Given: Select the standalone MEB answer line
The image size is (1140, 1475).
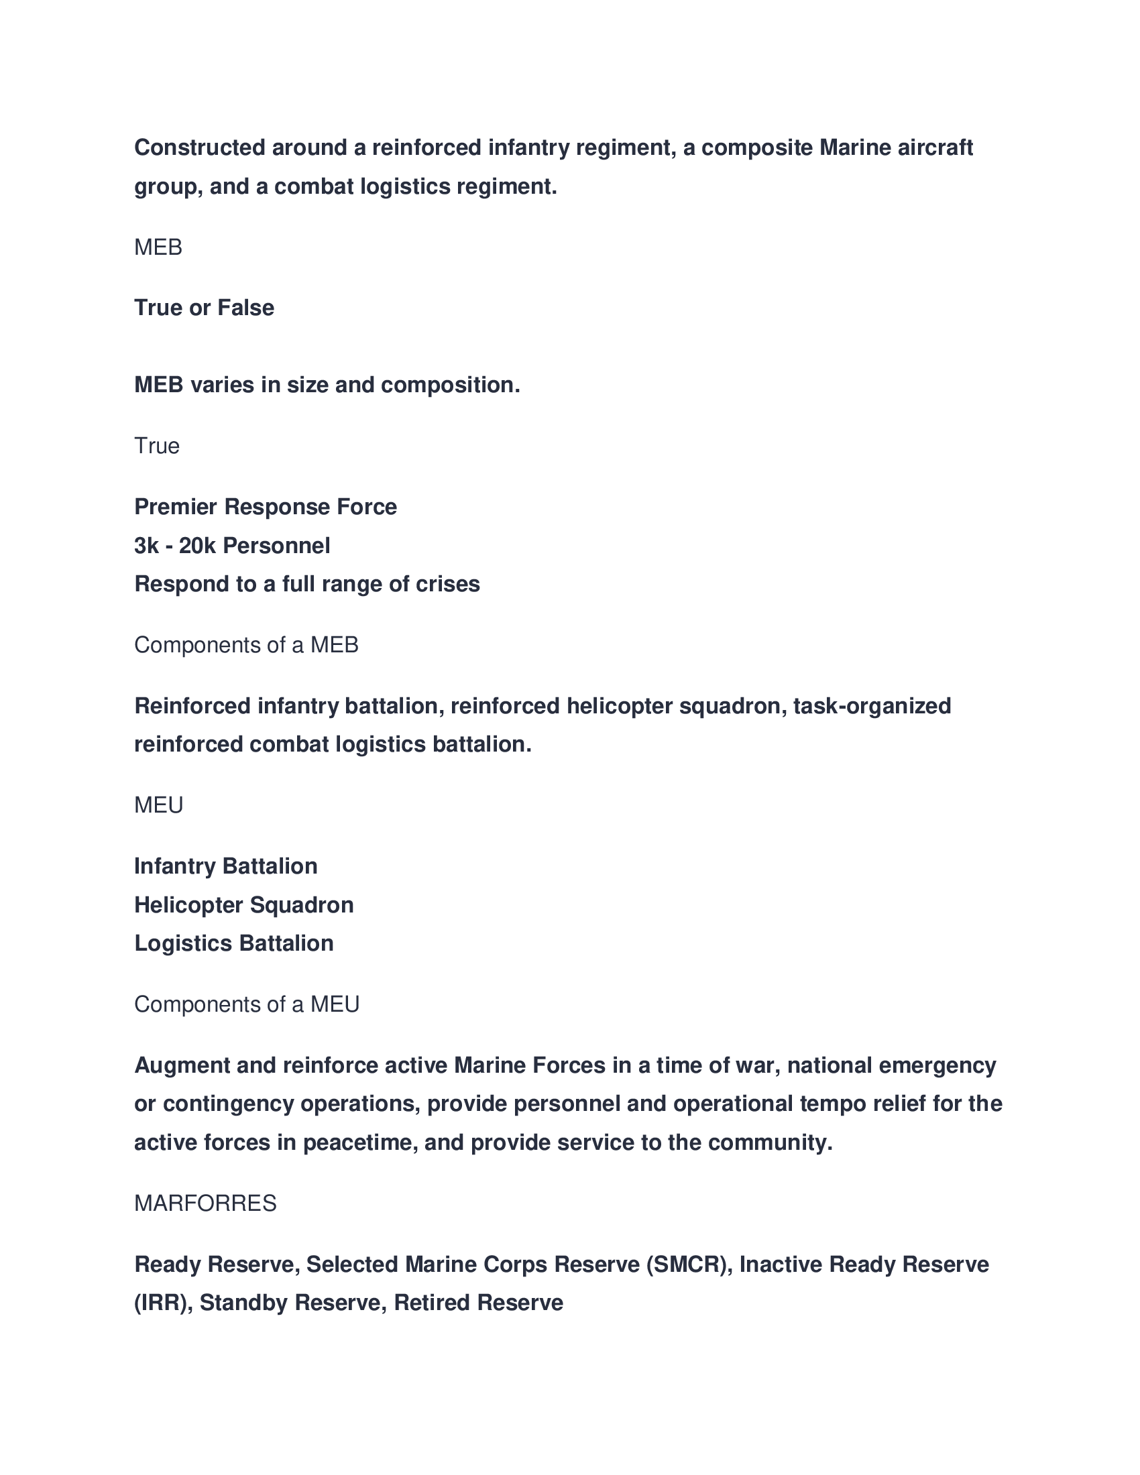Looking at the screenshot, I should [x=158, y=247].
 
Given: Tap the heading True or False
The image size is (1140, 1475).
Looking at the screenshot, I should [x=204, y=308].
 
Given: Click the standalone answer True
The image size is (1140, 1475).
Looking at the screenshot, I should [x=157, y=446].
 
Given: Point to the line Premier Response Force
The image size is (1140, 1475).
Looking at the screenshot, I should [x=266, y=506].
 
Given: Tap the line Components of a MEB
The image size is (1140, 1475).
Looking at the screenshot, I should [x=246, y=645].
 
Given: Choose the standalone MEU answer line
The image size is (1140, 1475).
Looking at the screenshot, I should [x=159, y=805].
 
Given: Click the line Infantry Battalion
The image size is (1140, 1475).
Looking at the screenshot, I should [x=225, y=866].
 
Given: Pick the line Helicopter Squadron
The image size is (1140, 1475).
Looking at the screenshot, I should [x=244, y=905].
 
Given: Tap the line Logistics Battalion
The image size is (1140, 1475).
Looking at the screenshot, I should [x=233, y=943].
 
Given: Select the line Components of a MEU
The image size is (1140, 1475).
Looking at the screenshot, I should [x=247, y=1004].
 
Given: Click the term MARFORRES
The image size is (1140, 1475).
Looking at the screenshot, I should [x=205, y=1203].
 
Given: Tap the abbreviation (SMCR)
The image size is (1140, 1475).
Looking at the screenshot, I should [x=689, y=1264].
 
